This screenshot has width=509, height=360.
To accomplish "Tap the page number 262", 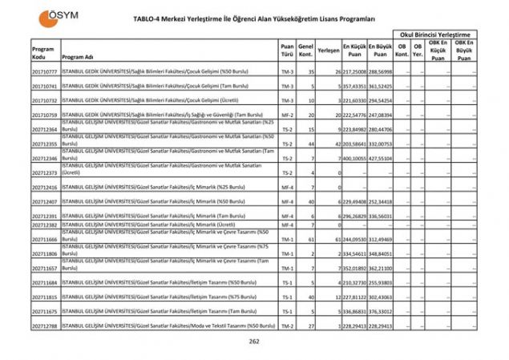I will point(254,341).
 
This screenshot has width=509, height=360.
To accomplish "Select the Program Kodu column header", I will point(43,53).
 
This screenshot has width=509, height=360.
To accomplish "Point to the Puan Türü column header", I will point(287,53).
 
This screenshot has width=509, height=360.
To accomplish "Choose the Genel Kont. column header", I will point(305,53).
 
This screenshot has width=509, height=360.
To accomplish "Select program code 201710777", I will point(44,71).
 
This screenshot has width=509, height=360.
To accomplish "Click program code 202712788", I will point(44,326).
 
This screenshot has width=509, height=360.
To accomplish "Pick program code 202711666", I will point(44,239).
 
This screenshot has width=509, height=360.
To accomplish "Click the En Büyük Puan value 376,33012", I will point(382,311).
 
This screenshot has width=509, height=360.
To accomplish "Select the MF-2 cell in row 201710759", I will point(287,115).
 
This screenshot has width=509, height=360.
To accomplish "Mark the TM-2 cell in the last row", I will point(287,326).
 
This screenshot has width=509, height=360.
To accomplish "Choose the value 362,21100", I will point(382,268).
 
